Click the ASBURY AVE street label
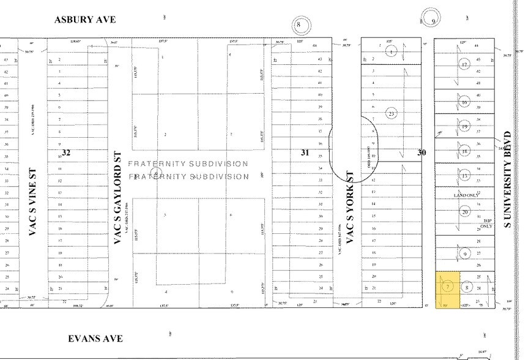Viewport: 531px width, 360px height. (84, 19)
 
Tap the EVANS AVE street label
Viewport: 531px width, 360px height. (95, 339)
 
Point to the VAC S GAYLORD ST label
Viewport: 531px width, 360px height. (119, 199)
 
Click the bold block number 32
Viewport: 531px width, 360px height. (66, 152)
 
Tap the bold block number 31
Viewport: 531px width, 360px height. (304, 152)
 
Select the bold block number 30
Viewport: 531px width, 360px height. (421, 152)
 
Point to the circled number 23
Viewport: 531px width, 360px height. (392, 113)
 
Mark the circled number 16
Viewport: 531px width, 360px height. (464, 102)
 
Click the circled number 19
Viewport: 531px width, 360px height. (464, 127)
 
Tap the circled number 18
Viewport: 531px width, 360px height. (464, 151)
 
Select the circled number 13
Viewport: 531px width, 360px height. (464, 176)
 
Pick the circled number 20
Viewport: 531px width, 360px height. (464, 212)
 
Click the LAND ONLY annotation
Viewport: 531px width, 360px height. (466, 195)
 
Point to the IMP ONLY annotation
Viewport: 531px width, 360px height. (487, 223)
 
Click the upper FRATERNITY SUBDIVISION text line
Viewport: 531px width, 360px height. (191, 164)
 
